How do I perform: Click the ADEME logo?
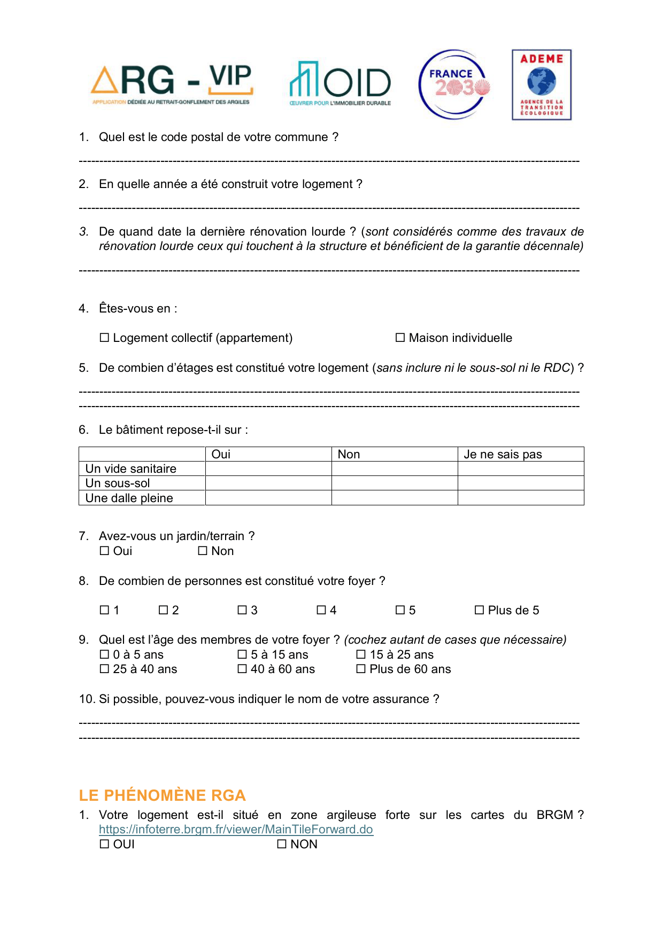point(542,85)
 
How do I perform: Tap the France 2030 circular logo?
point(454,84)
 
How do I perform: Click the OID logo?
point(340,83)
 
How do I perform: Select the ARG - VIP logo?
point(172,84)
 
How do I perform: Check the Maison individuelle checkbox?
point(400,338)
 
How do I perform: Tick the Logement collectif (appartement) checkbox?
point(104,338)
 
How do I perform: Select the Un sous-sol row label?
point(118,483)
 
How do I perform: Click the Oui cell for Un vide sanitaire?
point(268,468)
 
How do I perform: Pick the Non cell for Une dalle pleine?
point(395,498)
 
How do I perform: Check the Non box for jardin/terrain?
point(203,551)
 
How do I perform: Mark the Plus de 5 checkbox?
point(480,610)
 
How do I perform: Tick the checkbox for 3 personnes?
point(242,610)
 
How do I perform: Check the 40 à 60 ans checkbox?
point(242,669)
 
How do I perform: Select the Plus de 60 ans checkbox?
point(361,669)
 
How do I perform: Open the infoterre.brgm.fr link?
point(236,829)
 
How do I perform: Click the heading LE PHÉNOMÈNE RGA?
point(162,795)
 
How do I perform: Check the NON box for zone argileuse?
point(282,844)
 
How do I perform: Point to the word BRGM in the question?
point(554,815)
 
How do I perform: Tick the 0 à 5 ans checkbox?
point(104,654)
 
